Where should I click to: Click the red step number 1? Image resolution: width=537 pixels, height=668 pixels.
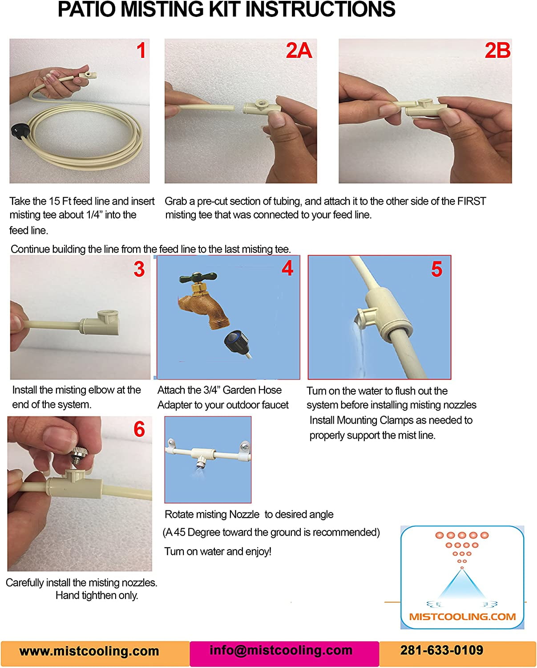click(141, 50)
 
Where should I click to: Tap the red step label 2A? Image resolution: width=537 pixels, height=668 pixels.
click(299, 50)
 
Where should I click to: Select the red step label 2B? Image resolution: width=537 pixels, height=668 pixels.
click(497, 50)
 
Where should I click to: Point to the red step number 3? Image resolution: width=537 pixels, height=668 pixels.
click(139, 269)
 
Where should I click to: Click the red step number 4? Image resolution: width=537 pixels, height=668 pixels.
click(287, 268)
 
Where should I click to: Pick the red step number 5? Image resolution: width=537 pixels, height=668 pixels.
click(436, 269)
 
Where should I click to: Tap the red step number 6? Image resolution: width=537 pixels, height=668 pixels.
click(139, 429)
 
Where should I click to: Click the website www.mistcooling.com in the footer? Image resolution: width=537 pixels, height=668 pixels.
click(89, 651)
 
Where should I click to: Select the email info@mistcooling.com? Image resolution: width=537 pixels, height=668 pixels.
click(281, 650)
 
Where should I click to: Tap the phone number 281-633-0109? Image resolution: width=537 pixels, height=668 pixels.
click(441, 650)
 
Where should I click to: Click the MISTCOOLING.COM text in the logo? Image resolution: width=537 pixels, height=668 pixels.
click(462, 617)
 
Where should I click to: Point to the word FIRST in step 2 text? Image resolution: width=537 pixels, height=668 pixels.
click(471, 201)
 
